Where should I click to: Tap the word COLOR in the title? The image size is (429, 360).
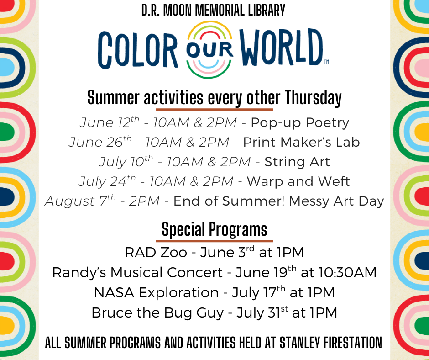[138, 50]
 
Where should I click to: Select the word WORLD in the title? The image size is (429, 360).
[282, 47]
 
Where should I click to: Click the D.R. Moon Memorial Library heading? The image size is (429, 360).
[214, 11]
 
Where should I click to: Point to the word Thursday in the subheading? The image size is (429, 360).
[313, 98]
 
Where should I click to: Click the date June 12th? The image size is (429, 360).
[110, 122]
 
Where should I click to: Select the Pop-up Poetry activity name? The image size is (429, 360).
[300, 123]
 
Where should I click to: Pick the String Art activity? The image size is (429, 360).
[297, 162]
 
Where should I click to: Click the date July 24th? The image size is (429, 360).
[107, 181]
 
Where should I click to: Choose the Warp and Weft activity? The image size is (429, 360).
[298, 181]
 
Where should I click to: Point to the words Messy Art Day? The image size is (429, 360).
[336, 201]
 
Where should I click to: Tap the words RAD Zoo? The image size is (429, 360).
[156, 252]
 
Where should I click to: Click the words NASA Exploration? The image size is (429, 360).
[156, 292]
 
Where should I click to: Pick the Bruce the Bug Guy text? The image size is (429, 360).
[157, 313]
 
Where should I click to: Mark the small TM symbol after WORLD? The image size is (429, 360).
[326, 62]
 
